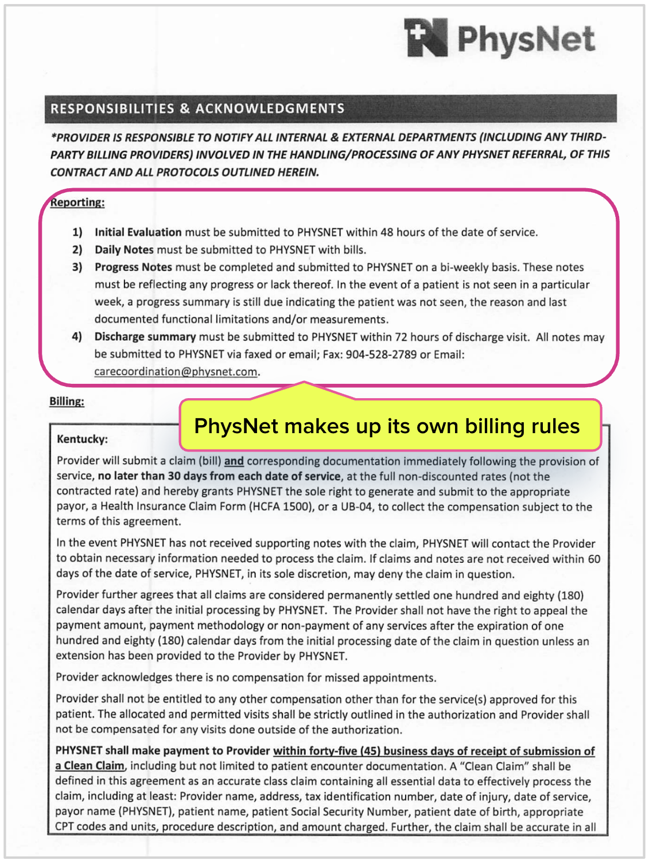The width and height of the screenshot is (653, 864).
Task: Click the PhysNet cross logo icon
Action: pos(426,37)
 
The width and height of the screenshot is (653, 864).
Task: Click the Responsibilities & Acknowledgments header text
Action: pos(197,109)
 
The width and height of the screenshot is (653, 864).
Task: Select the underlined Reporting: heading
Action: pos(77,203)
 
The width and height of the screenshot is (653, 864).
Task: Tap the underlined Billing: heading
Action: pos(67,401)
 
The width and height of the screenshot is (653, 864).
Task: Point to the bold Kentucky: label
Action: pos(82,439)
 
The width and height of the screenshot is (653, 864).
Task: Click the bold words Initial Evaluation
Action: pos(138,232)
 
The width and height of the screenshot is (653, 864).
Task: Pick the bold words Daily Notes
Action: pos(124,250)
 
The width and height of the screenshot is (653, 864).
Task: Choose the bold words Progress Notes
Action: pos(133,267)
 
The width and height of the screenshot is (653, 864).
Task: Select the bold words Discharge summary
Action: pos(145,337)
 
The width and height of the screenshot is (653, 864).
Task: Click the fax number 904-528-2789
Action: pos(381,355)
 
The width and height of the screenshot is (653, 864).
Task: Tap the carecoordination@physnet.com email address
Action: pos(176,372)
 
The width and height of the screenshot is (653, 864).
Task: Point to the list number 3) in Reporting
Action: pos(77,267)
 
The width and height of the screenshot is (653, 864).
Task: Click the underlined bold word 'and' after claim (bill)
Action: pos(234,461)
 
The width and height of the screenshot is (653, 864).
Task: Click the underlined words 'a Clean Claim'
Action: pos(90,766)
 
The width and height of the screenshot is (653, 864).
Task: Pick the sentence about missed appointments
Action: pos(246,678)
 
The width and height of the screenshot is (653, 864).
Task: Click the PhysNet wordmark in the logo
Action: pos(526,39)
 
